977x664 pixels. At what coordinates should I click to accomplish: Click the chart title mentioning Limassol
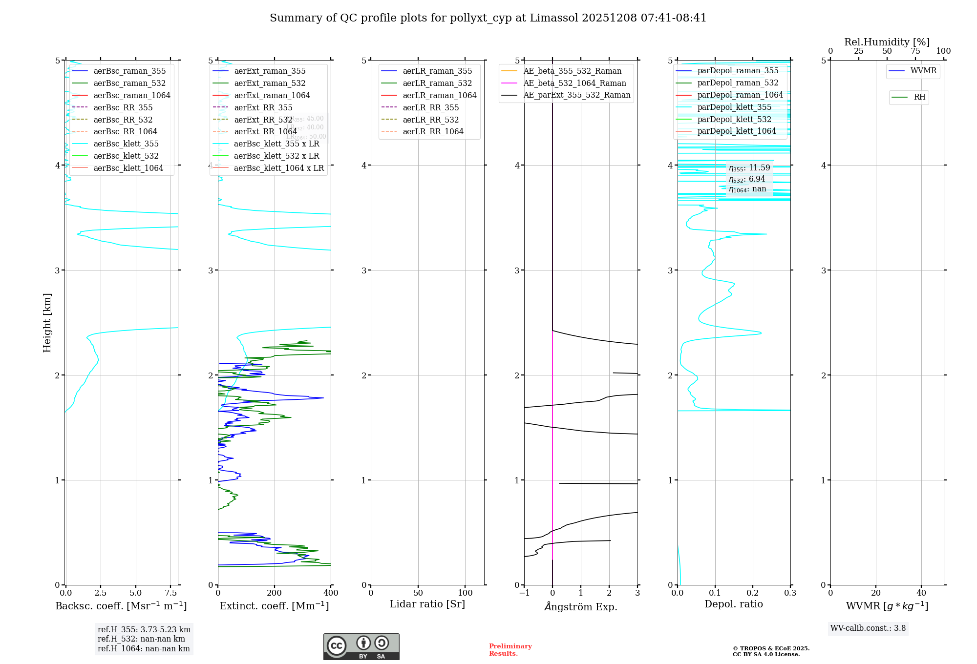click(488, 18)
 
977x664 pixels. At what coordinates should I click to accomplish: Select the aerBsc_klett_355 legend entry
click(126, 144)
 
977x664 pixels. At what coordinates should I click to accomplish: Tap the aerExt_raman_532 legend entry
click(270, 83)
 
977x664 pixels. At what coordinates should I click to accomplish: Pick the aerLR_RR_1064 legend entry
click(433, 131)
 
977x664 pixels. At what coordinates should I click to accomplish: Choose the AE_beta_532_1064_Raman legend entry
click(574, 83)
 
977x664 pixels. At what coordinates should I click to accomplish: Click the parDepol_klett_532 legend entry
click(734, 119)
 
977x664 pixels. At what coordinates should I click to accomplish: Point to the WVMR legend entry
click(923, 71)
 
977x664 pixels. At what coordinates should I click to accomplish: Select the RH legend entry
click(919, 97)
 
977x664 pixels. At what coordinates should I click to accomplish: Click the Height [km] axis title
click(47, 323)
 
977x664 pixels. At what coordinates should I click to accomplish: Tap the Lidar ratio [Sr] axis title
click(427, 604)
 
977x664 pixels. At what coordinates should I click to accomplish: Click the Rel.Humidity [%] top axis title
click(887, 42)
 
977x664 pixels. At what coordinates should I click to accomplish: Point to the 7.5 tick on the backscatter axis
click(170, 593)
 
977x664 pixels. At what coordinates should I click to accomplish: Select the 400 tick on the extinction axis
click(331, 593)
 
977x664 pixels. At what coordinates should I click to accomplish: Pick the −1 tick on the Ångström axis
click(524, 593)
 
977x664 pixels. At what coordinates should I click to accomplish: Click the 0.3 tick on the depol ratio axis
click(790, 593)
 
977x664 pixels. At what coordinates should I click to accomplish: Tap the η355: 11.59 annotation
click(749, 168)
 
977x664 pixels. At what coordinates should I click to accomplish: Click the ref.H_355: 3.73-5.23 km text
click(144, 630)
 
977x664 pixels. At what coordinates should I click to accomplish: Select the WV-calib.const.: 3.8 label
click(868, 628)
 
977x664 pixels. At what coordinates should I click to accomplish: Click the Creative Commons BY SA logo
click(361, 646)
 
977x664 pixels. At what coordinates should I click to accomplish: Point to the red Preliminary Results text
click(510, 650)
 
